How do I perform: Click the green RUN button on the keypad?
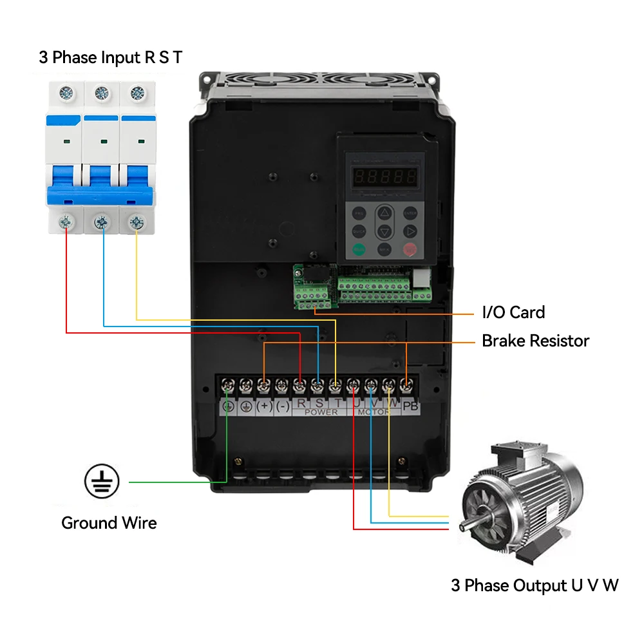click(x=359, y=249)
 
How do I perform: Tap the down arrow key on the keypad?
click(x=384, y=231)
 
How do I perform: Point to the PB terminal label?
click(x=410, y=406)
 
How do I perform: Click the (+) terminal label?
click(x=264, y=406)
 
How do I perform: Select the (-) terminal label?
click(x=282, y=406)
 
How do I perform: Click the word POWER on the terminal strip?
click(x=321, y=412)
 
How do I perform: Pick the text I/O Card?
click(x=513, y=313)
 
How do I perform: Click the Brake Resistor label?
click(x=535, y=341)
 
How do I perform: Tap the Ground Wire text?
click(x=109, y=523)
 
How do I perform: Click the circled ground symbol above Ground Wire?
click(x=102, y=482)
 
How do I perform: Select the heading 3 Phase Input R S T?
click(x=110, y=57)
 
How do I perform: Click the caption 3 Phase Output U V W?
click(x=535, y=585)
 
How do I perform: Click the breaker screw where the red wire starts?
click(x=66, y=222)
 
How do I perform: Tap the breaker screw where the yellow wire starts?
click(x=136, y=222)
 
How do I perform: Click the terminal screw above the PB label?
click(x=406, y=386)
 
